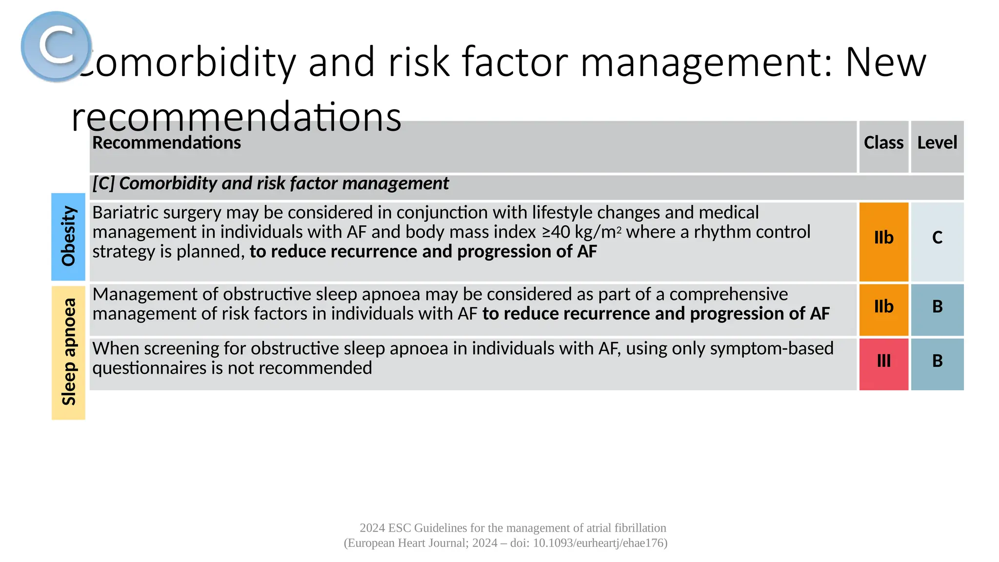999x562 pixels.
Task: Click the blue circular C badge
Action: (x=56, y=46)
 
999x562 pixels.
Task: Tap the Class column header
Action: (x=883, y=142)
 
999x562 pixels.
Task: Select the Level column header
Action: (x=937, y=142)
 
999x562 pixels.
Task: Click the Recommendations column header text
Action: (x=166, y=142)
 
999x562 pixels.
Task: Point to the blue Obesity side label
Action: (x=68, y=237)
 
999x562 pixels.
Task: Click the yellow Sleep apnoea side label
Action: (x=68, y=352)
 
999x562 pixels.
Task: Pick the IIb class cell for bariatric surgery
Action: (x=883, y=238)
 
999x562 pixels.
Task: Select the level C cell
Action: (x=937, y=238)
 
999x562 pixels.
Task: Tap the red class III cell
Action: (x=883, y=361)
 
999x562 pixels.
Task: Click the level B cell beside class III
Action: (x=937, y=361)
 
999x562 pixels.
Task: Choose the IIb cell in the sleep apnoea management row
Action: (x=883, y=306)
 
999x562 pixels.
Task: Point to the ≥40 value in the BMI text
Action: (x=556, y=232)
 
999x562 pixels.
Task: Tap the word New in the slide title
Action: (x=885, y=62)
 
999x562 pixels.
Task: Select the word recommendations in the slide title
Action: (x=236, y=117)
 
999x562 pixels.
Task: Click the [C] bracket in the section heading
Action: (x=103, y=183)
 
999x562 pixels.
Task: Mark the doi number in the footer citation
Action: (x=599, y=543)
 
